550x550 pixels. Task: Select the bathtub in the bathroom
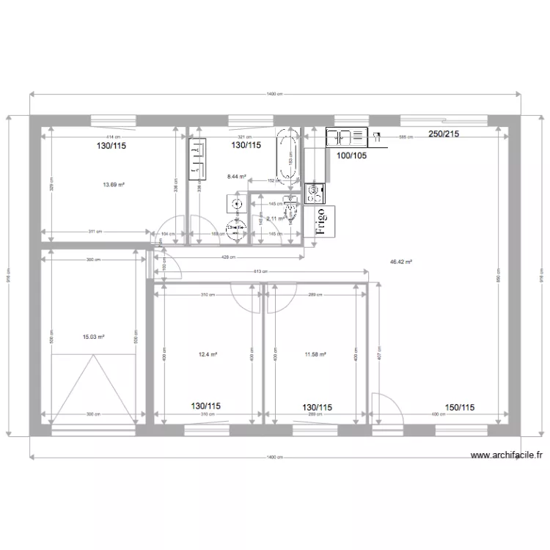click(287, 155)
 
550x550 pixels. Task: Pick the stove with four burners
click(315, 194)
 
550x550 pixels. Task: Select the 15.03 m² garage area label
click(93, 337)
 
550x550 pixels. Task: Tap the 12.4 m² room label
click(208, 355)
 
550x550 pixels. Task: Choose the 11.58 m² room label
click(315, 355)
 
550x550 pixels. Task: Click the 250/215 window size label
click(444, 134)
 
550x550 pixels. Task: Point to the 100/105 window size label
click(351, 155)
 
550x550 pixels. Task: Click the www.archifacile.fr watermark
click(507, 455)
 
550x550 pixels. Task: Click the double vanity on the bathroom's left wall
click(196, 161)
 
